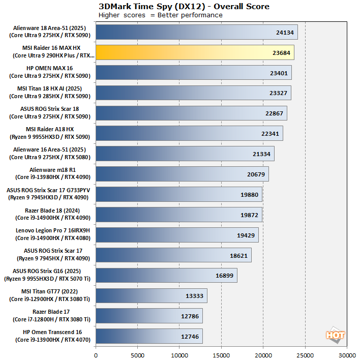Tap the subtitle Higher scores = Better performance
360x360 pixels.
click(161, 15)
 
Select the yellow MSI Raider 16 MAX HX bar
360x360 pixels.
click(195, 52)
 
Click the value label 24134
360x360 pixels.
click(285, 33)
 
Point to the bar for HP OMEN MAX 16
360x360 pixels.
click(194, 73)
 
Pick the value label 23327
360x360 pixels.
click(278, 93)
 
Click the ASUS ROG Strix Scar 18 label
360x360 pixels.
click(50, 112)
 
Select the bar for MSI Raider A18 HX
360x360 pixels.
click(190, 133)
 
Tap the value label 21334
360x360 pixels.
click(261, 154)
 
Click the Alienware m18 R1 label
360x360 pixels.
click(53, 173)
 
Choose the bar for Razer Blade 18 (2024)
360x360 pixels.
click(179, 215)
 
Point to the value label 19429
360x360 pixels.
click(246, 235)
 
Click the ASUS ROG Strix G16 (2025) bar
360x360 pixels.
click(166, 275)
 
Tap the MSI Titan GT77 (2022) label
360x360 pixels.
click(50, 295)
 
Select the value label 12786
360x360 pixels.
click(190, 316)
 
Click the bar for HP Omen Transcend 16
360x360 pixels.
click(149, 336)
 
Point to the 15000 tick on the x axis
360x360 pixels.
click(221, 355)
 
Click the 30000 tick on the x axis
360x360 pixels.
click(347, 355)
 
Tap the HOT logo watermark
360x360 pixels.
click(335, 335)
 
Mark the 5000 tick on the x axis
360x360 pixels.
click(137, 355)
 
